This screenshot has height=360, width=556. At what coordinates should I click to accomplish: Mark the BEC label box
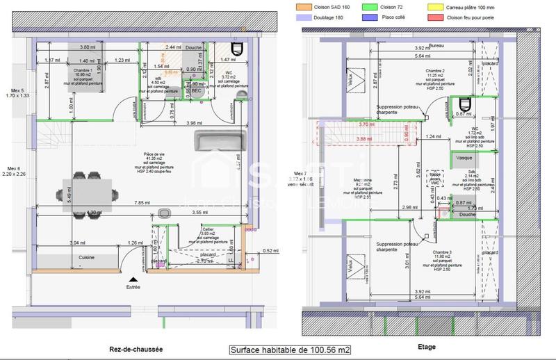(x=196, y=90)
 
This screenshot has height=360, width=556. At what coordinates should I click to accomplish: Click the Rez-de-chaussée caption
(x=136, y=349)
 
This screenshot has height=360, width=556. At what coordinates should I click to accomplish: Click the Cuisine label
(x=86, y=258)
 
